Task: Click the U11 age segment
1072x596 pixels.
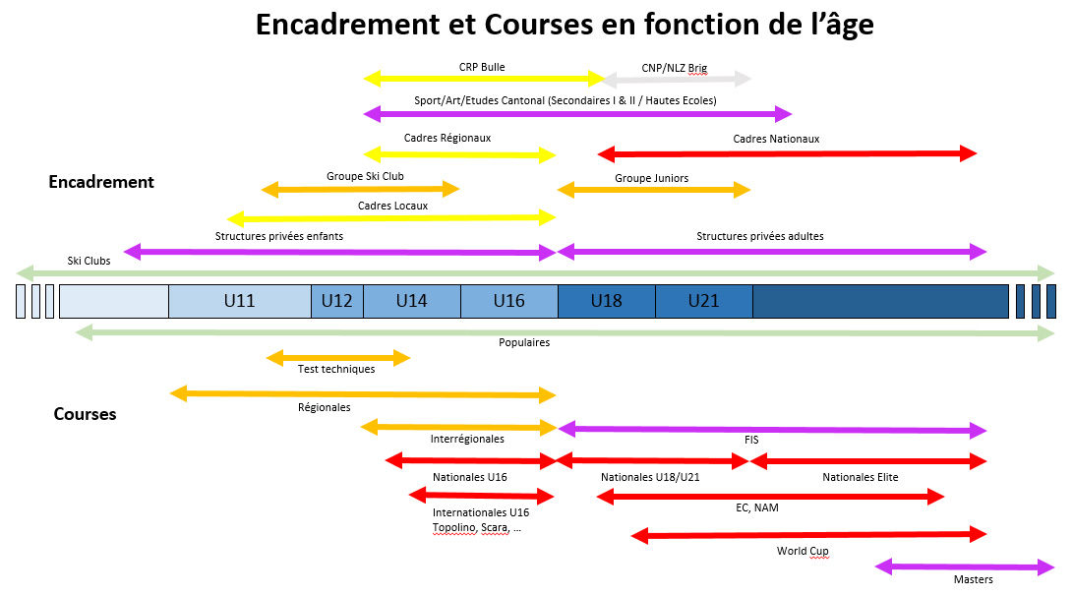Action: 239,301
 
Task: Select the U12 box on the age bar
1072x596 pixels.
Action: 337,301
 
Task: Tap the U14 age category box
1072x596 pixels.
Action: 411,301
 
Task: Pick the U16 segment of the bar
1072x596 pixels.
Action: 509,301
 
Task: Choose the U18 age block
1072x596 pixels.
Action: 607,301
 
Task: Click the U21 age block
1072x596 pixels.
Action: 704,301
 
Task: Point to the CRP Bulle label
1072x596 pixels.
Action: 482,67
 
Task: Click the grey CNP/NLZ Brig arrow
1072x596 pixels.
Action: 677,80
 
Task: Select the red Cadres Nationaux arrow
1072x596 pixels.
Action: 788,153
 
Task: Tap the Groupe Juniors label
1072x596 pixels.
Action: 651,178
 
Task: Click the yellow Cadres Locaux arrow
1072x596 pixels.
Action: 391,218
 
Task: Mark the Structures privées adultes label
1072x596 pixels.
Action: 760,236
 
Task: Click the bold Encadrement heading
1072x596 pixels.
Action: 101,182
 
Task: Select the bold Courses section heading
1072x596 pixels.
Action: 85,414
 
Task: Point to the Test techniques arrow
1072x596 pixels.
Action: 337,357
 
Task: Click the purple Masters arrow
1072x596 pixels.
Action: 965,566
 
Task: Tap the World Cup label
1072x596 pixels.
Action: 803,551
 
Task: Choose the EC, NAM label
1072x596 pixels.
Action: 757,507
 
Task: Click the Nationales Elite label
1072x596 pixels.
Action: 861,477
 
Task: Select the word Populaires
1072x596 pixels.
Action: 524,342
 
